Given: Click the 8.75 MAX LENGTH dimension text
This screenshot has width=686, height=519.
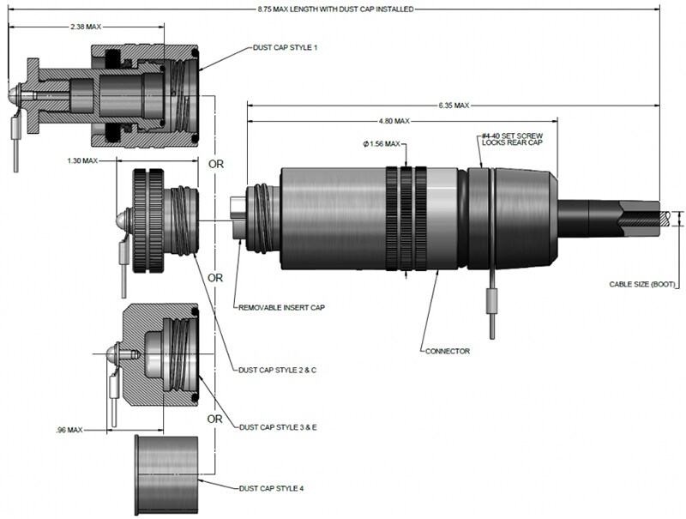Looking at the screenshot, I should click(x=335, y=9).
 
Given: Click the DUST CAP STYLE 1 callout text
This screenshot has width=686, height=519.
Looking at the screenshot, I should click(x=285, y=47).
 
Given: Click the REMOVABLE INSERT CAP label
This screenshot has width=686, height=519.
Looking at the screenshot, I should click(x=281, y=306).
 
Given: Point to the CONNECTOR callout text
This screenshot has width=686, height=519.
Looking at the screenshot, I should click(x=447, y=350).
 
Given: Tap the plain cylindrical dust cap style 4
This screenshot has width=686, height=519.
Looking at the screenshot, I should click(x=167, y=475).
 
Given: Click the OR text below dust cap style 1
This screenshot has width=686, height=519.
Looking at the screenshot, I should click(x=215, y=163).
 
